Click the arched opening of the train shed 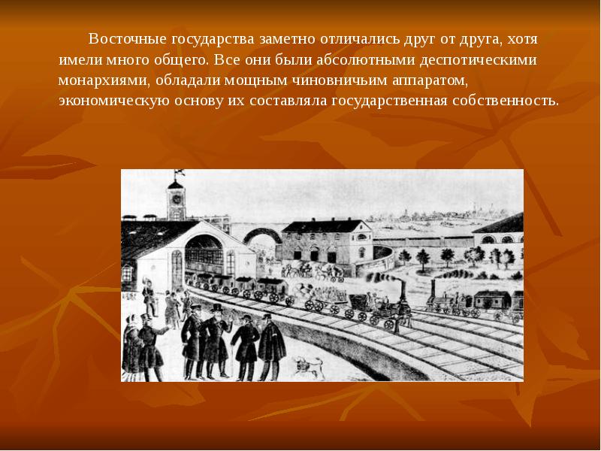click(x=204, y=256)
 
